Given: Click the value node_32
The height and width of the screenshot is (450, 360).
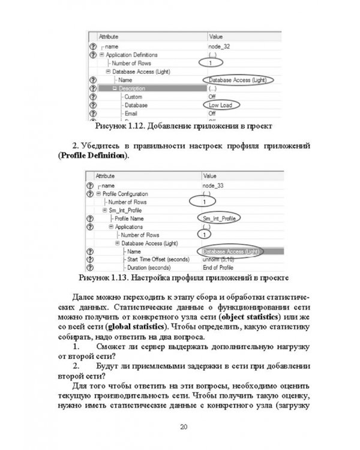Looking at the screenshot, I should tap(218, 46).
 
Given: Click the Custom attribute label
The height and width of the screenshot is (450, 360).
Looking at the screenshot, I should tap(133, 97).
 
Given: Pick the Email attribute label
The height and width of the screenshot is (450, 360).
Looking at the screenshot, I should tap(131, 113).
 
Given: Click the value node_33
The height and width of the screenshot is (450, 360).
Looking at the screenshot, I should tap(213, 185).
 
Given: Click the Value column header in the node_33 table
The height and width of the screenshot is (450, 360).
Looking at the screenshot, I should tap(210, 176).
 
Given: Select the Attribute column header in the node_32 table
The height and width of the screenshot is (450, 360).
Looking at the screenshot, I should tap(109, 37).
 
